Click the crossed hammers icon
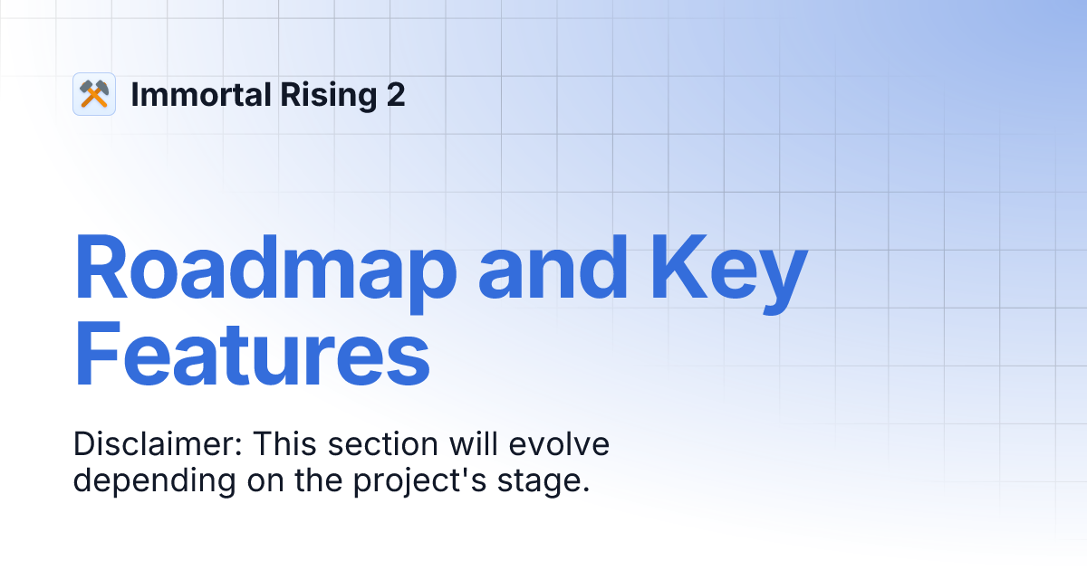[x=94, y=94]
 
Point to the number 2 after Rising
[x=395, y=94]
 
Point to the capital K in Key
[x=676, y=269]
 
